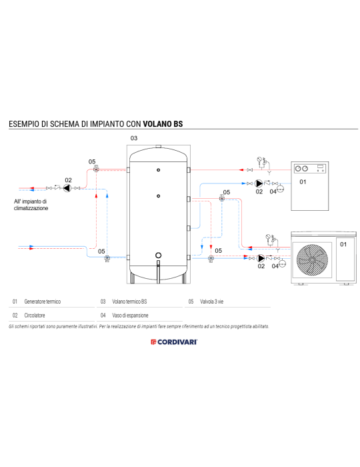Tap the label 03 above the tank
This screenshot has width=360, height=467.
[x=133, y=138]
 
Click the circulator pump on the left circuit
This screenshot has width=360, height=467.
[x=68, y=188]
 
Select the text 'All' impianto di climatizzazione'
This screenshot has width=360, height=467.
[x=31, y=204]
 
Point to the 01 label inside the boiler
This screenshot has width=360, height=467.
[x=302, y=181]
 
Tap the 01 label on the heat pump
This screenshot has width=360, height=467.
[x=343, y=245]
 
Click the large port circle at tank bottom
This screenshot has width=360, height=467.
[x=159, y=256]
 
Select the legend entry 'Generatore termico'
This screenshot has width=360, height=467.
[x=42, y=302]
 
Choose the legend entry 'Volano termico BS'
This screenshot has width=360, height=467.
[x=129, y=302]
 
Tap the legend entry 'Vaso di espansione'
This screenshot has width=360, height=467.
[x=130, y=315]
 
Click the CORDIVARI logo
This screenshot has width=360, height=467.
[x=179, y=342]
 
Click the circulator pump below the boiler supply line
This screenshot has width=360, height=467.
[x=259, y=183]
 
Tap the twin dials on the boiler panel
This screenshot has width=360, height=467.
[x=305, y=167]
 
